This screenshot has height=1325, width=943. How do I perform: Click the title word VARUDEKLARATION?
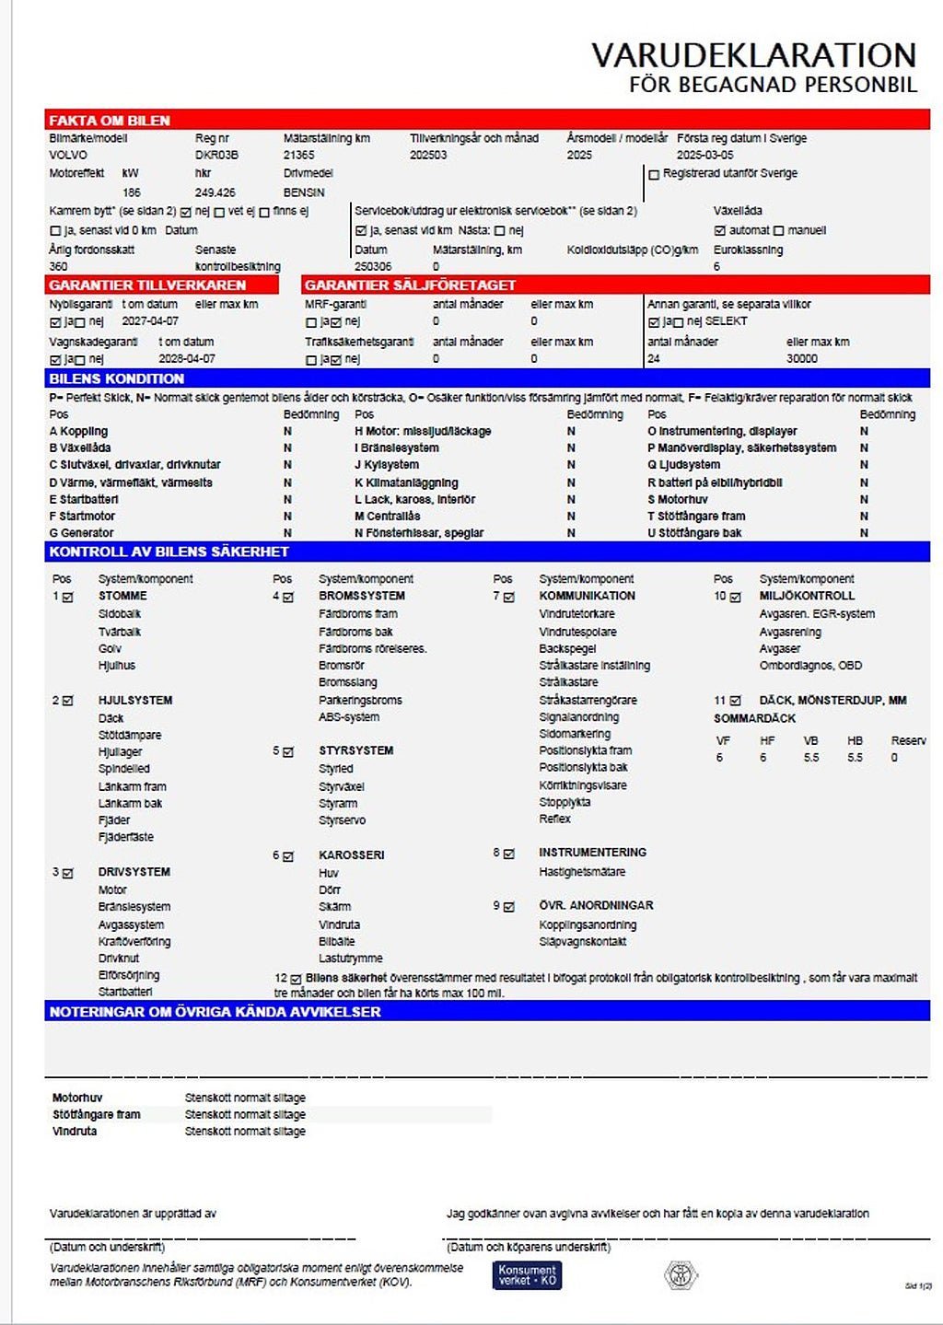click(753, 55)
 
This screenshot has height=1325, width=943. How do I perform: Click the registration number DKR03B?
click(216, 155)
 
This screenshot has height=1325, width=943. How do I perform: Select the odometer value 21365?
click(299, 155)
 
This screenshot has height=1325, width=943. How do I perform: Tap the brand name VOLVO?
click(68, 155)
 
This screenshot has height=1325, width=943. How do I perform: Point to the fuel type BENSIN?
click(304, 192)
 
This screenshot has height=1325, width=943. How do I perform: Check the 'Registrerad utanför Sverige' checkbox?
click(654, 174)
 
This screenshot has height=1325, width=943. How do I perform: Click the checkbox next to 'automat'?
click(720, 230)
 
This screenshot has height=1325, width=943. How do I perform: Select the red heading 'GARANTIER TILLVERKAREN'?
click(147, 285)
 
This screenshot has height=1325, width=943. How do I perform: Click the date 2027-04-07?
click(150, 321)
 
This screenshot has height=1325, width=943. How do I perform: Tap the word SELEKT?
click(727, 321)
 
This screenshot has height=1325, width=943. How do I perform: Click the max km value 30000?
click(802, 359)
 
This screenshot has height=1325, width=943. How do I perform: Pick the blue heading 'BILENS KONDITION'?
click(117, 378)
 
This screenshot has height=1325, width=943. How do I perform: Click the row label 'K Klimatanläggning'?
click(406, 482)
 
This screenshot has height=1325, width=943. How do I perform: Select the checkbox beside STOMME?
click(68, 597)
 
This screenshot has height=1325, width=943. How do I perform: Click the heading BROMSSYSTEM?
click(362, 596)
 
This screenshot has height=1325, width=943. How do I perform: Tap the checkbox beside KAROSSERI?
click(288, 856)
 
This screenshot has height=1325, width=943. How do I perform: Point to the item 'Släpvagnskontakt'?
click(582, 941)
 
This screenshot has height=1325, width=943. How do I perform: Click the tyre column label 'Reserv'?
click(908, 740)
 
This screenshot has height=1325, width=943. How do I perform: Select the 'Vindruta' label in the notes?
click(75, 1131)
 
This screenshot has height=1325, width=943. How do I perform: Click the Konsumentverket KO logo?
click(527, 1275)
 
